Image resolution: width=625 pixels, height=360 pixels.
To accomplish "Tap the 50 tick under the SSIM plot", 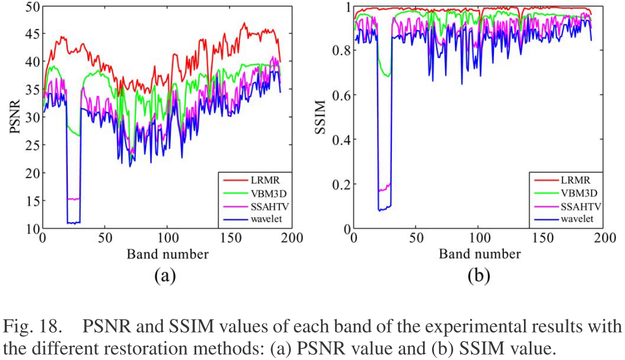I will tap(416, 238).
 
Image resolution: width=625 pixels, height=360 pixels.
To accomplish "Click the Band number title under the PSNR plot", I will tap(168, 254).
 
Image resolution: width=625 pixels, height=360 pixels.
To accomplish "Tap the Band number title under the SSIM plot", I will tap(480, 254).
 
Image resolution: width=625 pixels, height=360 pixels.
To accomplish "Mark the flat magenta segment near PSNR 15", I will tap(73, 199).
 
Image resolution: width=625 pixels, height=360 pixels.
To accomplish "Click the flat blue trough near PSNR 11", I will tap(73, 223).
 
